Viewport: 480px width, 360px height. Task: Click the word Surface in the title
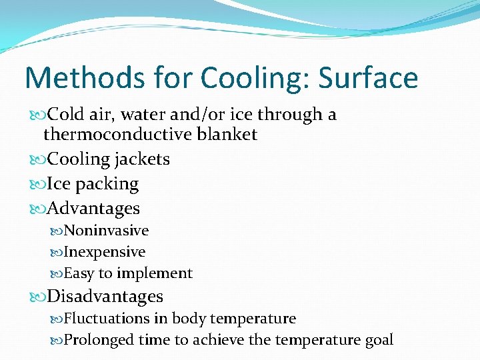(x=368, y=78)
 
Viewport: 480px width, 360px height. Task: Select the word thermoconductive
(x=117, y=134)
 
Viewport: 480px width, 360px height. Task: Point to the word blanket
(x=227, y=134)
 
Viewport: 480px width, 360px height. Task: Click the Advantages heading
(x=93, y=208)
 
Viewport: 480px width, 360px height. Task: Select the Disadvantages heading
(x=105, y=295)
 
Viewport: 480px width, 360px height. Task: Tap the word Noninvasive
(x=106, y=231)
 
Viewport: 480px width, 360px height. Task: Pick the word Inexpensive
(x=104, y=252)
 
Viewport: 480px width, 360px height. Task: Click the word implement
(x=155, y=273)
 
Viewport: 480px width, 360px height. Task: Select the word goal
(x=379, y=340)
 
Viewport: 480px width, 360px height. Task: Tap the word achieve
(x=219, y=340)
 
